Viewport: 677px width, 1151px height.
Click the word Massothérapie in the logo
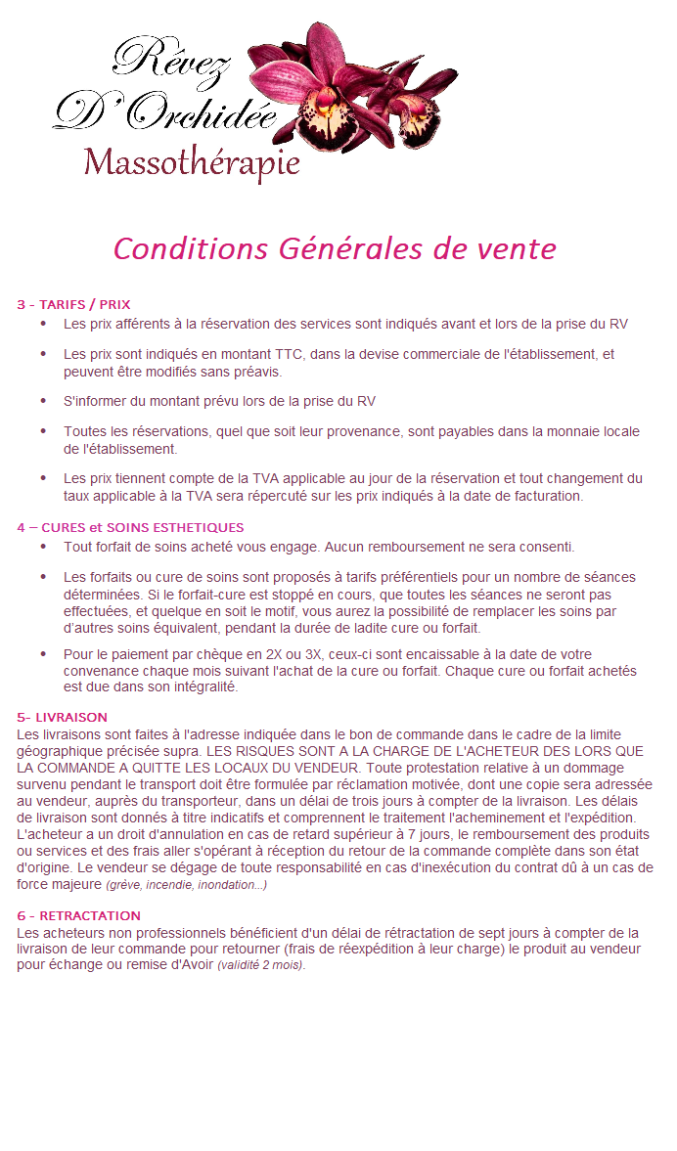(192, 162)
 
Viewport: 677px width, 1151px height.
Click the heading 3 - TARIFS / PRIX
(73, 305)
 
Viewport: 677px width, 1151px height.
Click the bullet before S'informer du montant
(43, 401)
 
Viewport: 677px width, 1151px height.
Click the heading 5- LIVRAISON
(62, 718)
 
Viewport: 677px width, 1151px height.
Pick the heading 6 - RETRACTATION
(79, 916)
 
